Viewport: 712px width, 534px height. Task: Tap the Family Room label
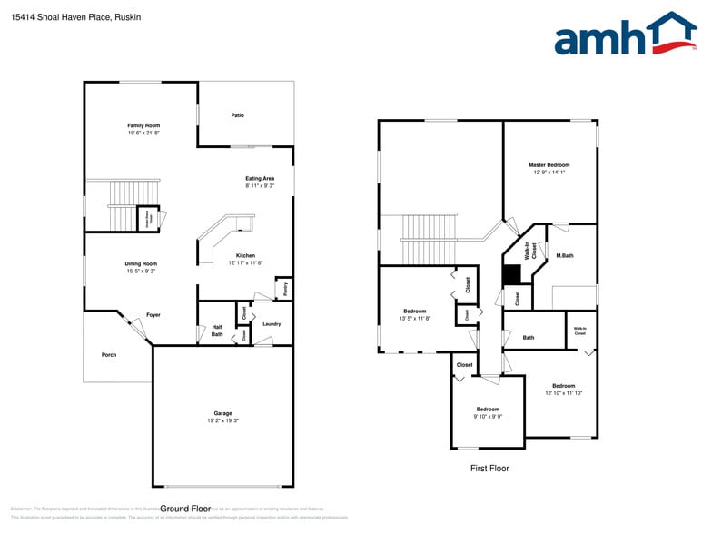point(143,125)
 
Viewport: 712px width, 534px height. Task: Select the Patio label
point(237,115)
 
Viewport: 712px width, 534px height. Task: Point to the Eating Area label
point(260,178)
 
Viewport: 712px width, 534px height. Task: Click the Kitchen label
point(245,255)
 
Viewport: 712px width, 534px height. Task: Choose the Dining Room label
point(141,263)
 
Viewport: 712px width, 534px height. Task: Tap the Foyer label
point(153,315)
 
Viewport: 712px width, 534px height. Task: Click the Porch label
point(109,355)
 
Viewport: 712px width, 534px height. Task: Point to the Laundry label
point(272,324)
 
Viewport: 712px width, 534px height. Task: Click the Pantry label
point(284,290)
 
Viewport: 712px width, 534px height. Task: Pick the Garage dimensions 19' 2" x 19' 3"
point(223,421)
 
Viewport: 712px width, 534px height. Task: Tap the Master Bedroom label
point(549,165)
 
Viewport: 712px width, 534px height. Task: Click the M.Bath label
point(565,255)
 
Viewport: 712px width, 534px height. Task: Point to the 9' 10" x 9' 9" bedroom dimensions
point(488,417)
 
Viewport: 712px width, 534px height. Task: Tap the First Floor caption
point(489,469)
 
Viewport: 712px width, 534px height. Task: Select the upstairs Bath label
point(529,338)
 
